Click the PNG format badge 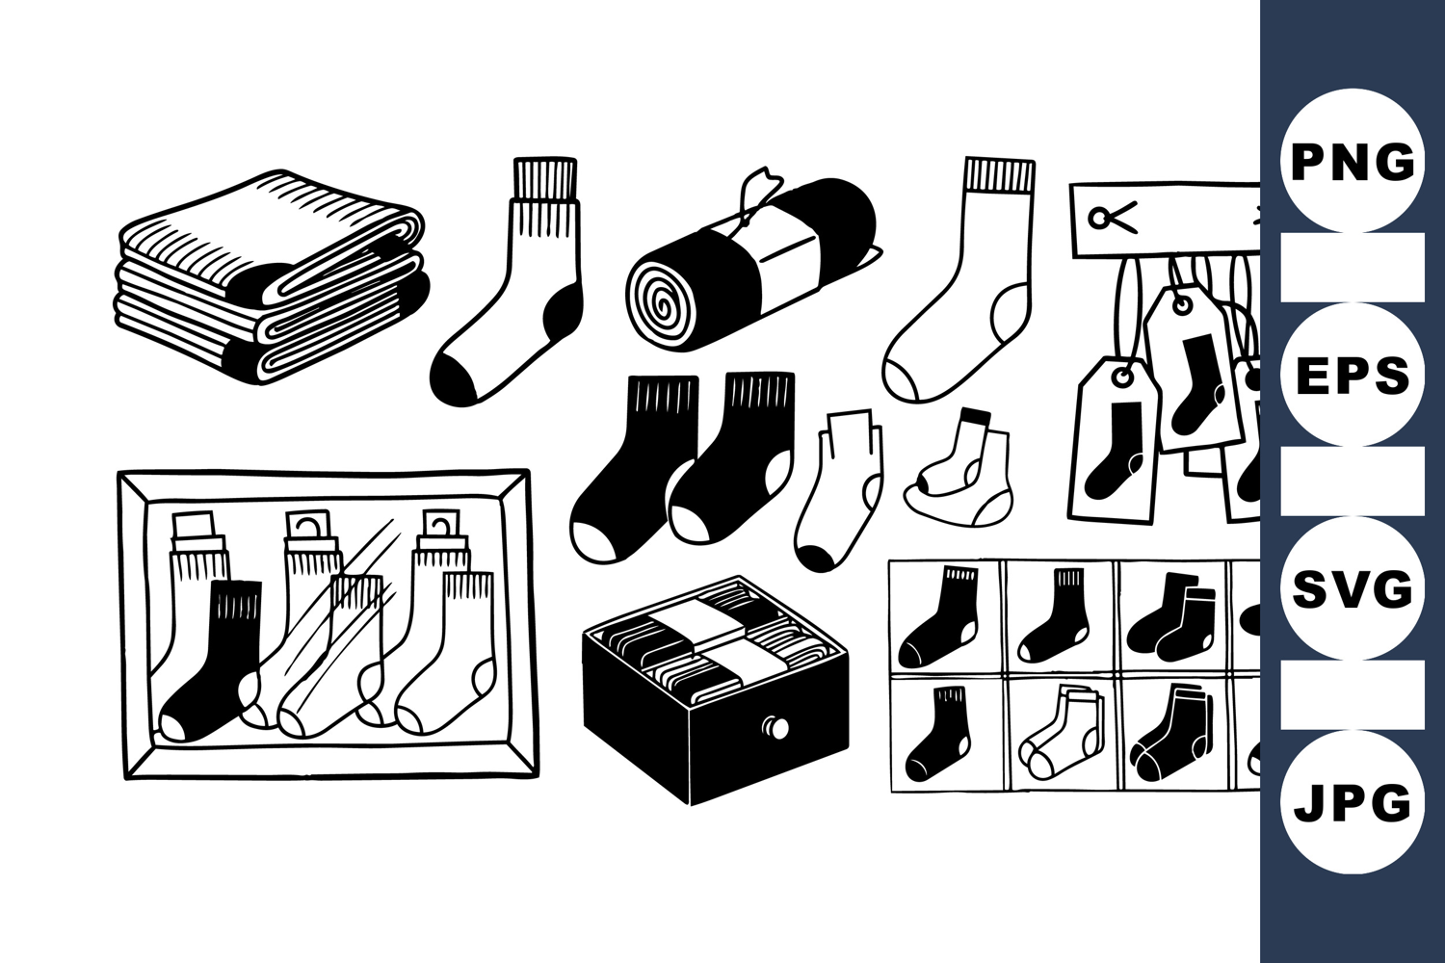(x=1353, y=161)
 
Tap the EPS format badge (x=1353, y=374)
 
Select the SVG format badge (x=1353, y=587)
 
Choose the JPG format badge (x=1353, y=802)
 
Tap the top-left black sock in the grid (x=939, y=616)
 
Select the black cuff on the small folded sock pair (x=974, y=415)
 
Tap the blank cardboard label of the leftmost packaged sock (x=193, y=525)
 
